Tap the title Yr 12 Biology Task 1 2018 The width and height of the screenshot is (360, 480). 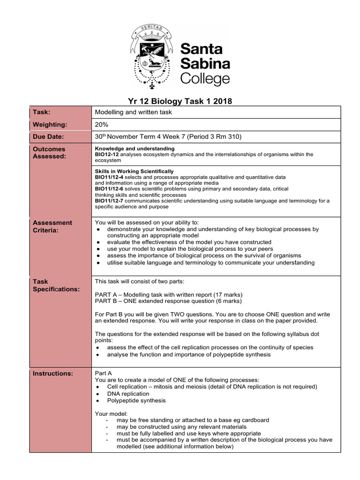pos(180,101)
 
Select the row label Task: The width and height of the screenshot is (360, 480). pos(41,112)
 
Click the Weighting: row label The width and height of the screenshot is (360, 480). pos(49,125)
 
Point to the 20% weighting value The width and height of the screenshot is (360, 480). pos(102,125)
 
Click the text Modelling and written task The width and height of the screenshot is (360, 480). pos(133,112)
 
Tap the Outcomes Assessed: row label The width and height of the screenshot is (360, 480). pos(49,152)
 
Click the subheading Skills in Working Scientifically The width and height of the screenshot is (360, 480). pos(134,172)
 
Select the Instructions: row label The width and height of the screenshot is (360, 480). pos(52,374)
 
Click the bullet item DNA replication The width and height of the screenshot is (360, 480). pos(128,394)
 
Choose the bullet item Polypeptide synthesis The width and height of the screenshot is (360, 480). pos(136,401)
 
